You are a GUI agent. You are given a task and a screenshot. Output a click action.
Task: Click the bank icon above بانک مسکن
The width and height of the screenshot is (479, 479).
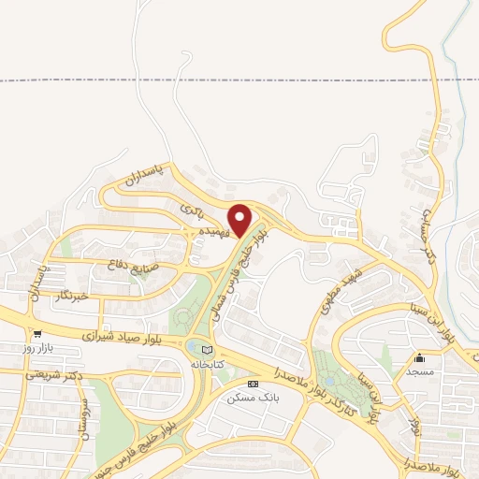coord(252,384)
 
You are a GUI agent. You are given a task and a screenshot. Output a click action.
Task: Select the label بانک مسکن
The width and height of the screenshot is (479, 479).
coord(252,397)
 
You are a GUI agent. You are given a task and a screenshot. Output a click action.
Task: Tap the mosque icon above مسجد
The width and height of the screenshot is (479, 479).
coord(420,358)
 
